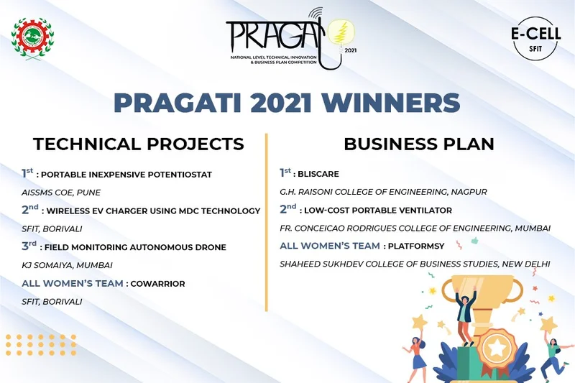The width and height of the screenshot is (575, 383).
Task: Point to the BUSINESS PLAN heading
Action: (418, 144)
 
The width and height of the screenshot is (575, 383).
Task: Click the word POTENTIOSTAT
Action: (180, 175)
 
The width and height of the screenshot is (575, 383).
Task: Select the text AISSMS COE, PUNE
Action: (61, 193)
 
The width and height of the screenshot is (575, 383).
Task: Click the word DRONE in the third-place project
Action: (210, 247)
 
